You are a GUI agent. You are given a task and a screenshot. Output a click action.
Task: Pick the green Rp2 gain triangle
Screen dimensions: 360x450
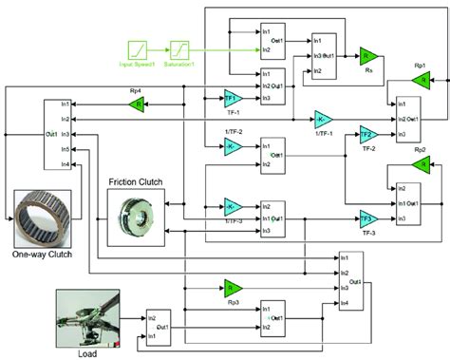point(419,161)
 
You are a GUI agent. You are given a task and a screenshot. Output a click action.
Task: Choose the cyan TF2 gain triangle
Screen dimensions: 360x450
point(368,134)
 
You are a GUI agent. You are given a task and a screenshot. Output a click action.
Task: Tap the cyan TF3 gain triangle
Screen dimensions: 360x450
point(368,218)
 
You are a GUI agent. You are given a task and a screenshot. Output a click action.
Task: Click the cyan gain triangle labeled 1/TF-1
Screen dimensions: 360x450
point(324,120)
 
